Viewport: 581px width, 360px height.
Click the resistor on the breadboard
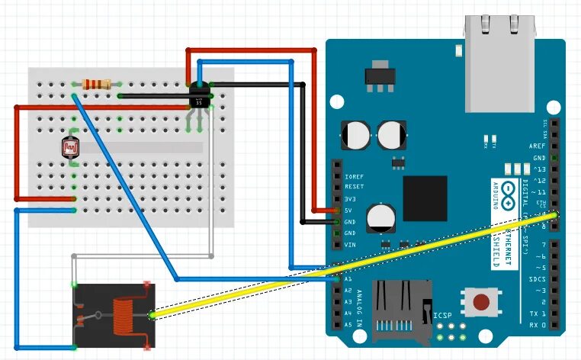(x=97, y=83)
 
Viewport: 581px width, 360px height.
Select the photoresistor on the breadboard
(x=72, y=144)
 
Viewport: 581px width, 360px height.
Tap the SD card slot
(x=401, y=308)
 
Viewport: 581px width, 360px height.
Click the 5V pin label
(x=348, y=210)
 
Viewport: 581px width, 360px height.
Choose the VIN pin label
(x=350, y=244)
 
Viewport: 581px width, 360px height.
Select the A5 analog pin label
(x=348, y=324)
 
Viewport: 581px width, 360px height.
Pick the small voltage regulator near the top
(x=375, y=75)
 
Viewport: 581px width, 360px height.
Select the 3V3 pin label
(x=351, y=198)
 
